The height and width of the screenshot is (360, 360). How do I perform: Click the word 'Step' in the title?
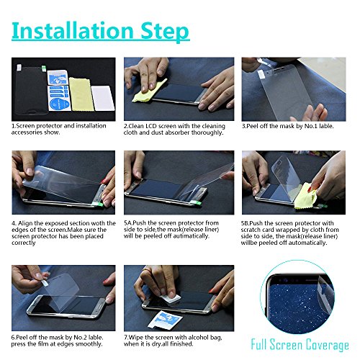(164, 32)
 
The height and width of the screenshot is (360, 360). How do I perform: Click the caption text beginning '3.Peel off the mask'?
(288, 125)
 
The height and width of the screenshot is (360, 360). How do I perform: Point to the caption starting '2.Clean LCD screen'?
(174, 130)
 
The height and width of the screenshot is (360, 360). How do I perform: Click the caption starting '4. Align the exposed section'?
(63, 233)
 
